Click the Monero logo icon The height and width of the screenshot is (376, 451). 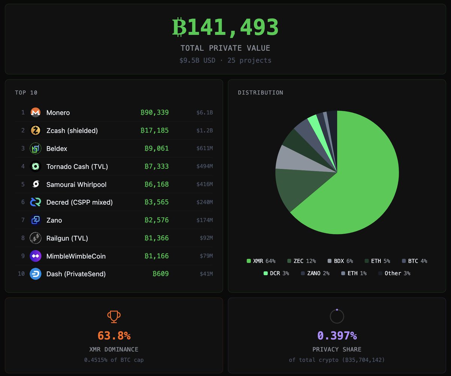click(35, 112)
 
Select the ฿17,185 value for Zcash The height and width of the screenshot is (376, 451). click(154, 130)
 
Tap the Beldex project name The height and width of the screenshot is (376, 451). click(57, 149)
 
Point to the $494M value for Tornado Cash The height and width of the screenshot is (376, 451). click(204, 167)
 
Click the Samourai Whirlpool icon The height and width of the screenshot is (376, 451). click(35, 184)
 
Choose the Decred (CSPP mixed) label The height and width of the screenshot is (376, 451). click(79, 202)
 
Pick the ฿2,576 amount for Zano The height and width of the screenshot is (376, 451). click(156, 220)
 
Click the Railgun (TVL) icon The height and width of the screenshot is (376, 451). click(35, 238)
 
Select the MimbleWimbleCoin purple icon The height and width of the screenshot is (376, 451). click(35, 256)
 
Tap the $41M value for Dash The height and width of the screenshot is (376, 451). click(206, 274)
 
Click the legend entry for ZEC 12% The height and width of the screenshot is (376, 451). click(301, 261)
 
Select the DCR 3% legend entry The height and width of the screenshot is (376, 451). click(276, 273)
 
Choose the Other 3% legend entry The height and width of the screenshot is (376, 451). click(394, 273)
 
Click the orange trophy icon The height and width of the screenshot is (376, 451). click(114, 317)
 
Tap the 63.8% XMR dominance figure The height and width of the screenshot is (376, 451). click(114, 335)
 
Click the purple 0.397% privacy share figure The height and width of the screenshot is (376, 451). click(337, 335)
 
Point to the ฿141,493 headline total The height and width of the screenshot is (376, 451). click(225, 27)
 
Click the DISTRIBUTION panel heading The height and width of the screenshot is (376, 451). click(260, 92)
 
